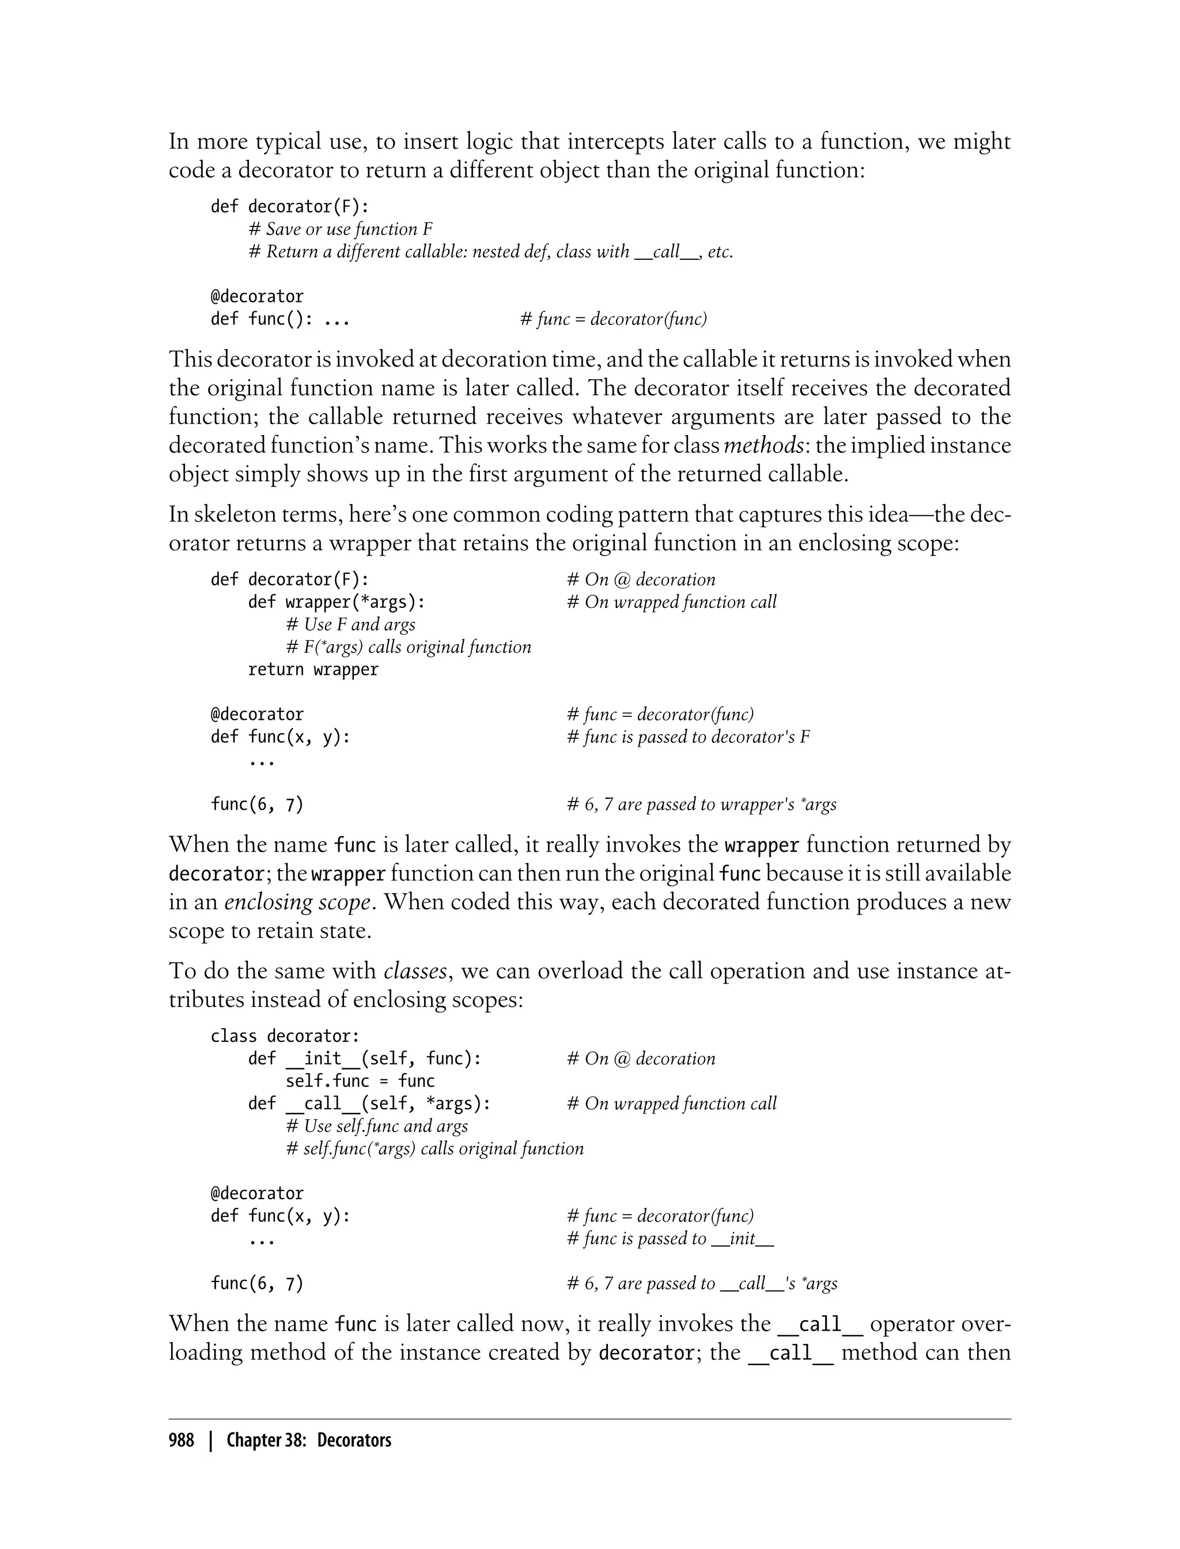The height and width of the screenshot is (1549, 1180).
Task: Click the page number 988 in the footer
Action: [x=181, y=1440]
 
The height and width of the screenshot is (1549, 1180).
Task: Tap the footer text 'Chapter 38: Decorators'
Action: [x=308, y=1440]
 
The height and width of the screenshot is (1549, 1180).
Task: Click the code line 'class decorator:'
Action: [x=285, y=1036]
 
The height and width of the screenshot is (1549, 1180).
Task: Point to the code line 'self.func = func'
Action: [x=360, y=1081]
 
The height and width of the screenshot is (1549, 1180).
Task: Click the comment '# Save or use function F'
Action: [x=341, y=229]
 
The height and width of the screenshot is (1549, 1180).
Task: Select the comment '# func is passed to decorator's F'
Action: [x=689, y=737]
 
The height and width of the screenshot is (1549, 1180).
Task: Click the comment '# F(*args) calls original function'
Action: [x=408, y=647]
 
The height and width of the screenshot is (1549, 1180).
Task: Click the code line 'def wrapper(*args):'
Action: [x=336, y=602]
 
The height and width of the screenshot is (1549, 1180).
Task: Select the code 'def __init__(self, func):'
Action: [x=365, y=1059]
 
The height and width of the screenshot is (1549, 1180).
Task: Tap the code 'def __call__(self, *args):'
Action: [x=369, y=1104]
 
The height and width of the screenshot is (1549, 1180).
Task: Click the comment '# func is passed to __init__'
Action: [x=670, y=1238]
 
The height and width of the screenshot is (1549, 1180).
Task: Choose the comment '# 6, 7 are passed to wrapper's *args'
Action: [x=702, y=804]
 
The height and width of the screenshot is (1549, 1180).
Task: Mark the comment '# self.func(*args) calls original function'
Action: [x=435, y=1148]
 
